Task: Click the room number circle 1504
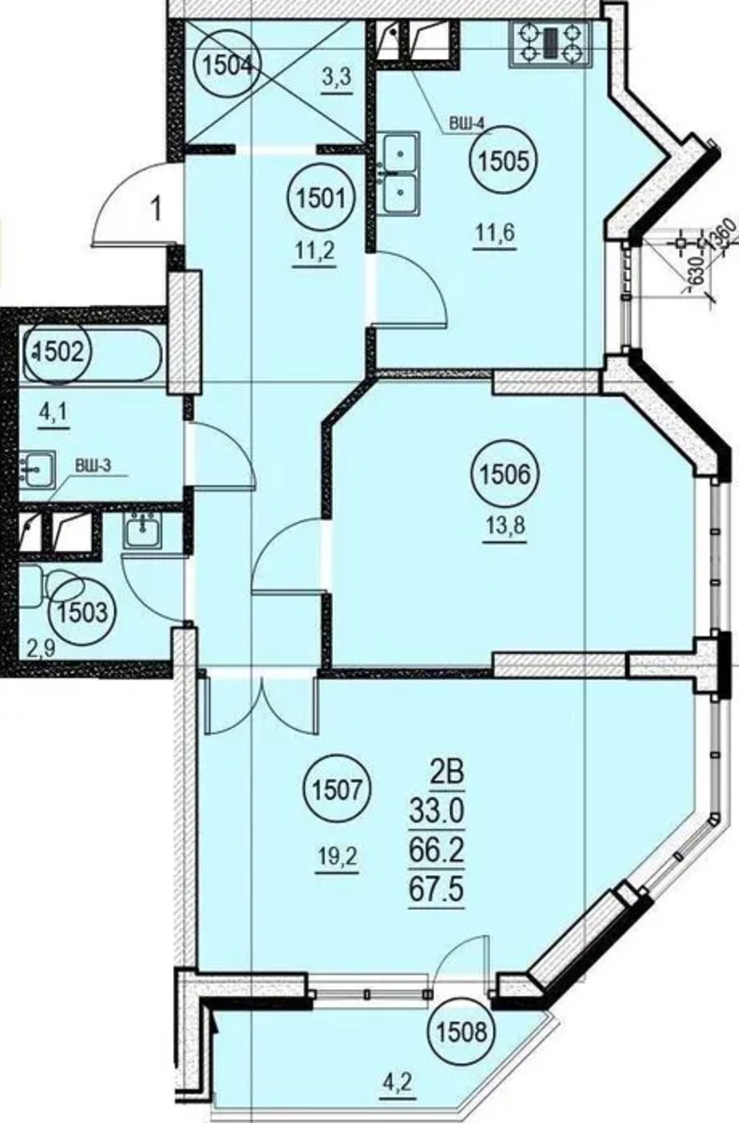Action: (x=228, y=66)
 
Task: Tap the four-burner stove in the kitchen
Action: (x=551, y=44)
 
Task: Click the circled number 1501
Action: (x=321, y=198)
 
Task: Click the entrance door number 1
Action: (x=157, y=210)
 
